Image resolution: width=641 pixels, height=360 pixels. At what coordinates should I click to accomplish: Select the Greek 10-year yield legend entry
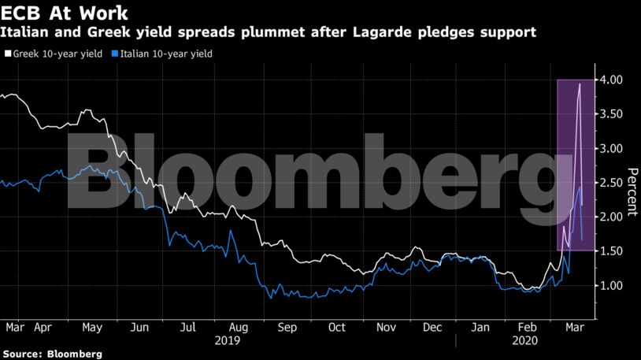[x=54, y=54]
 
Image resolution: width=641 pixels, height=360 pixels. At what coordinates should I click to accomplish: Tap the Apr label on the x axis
[x=43, y=326]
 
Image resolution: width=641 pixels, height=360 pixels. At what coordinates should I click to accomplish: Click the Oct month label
[x=337, y=326]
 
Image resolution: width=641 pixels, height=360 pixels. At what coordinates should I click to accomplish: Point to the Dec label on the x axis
[x=433, y=326]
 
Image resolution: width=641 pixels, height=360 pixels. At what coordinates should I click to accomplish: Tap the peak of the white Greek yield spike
[x=580, y=84]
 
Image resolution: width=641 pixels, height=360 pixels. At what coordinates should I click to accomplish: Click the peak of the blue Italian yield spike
[x=580, y=186]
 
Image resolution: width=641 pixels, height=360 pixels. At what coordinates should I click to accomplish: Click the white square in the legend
[x=8, y=54]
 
